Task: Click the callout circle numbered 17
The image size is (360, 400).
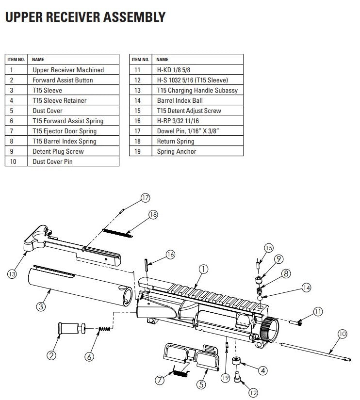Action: [x=145, y=197]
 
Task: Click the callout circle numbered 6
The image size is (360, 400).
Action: [x=89, y=356]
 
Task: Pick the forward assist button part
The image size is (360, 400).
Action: [x=70, y=329]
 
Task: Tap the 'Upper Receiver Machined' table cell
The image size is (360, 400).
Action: [x=68, y=70]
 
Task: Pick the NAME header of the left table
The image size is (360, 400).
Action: [x=38, y=60]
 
